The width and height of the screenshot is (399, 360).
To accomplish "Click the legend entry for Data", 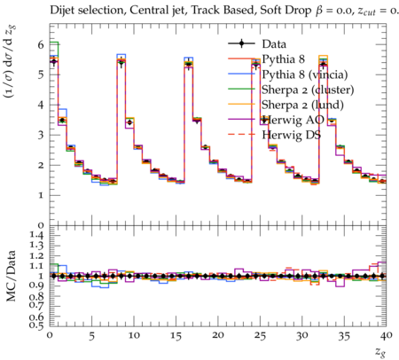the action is coord(274,44).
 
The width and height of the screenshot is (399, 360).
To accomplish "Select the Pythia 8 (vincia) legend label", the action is coord(305,74).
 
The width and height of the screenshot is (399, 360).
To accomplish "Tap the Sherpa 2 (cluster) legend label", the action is coord(308,90).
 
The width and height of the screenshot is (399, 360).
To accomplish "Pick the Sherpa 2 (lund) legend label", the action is coord(302,105).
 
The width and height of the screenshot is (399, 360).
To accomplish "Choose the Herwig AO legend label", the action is coord(293,120).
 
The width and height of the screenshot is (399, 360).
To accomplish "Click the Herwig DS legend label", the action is coord(292,135).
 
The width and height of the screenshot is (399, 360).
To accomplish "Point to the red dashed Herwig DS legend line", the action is coord(241,135).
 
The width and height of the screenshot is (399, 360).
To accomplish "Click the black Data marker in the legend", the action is coord(241,43).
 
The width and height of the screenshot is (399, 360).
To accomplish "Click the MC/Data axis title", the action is coord(11,276).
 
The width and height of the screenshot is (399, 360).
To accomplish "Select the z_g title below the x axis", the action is coord(380,352).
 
